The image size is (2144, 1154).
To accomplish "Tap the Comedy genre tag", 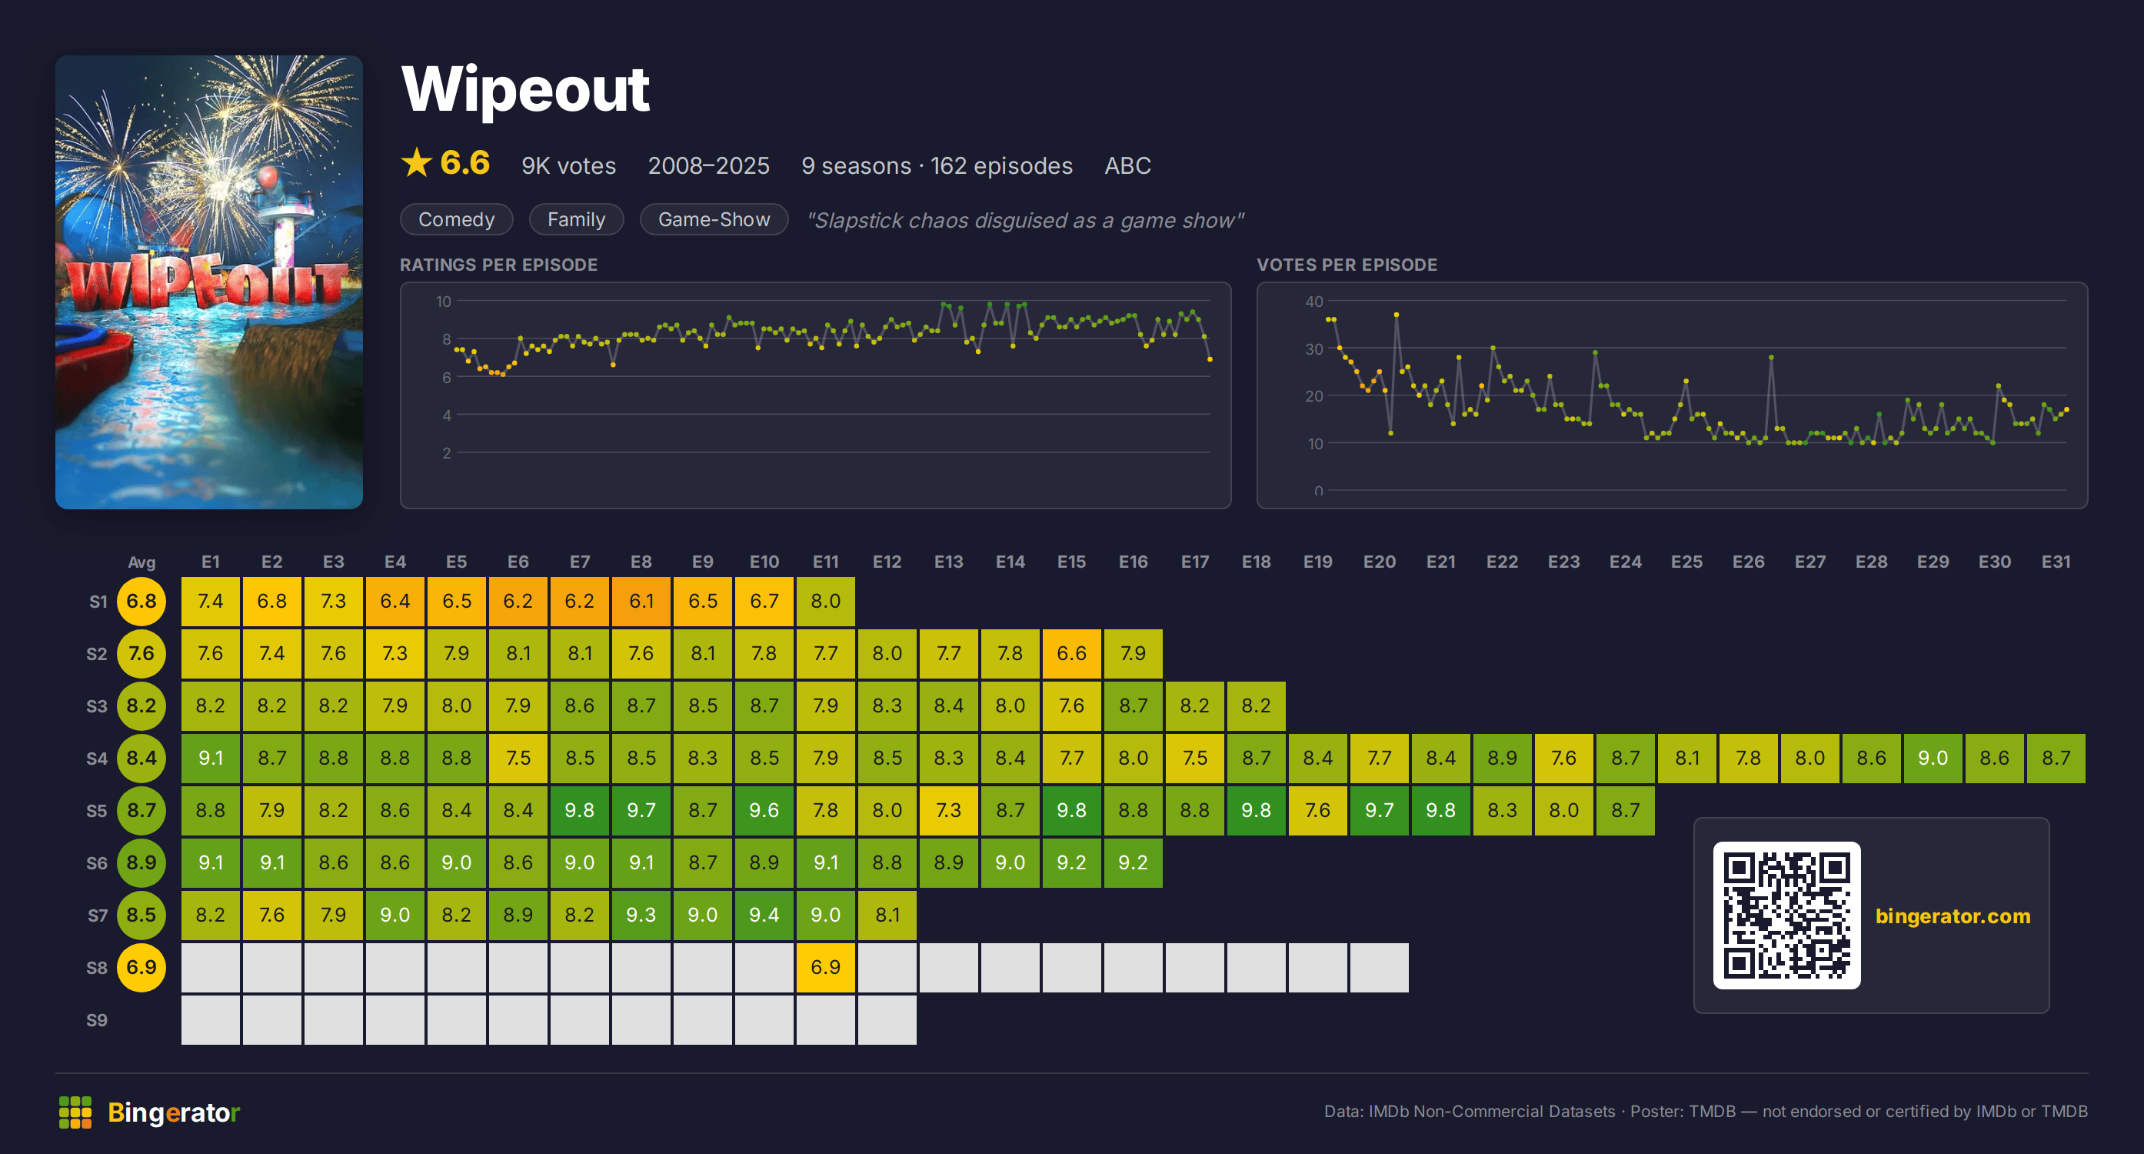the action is pyautogui.click(x=456, y=219).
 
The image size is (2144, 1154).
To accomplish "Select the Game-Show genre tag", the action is pyautogui.click(x=714, y=219).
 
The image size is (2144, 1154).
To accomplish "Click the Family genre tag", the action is pyautogui.click(x=576, y=219).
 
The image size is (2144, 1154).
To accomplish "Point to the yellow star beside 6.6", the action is pyautogui.click(x=416, y=162).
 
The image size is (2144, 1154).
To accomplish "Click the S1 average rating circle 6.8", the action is pyautogui.click(x=141, y=601).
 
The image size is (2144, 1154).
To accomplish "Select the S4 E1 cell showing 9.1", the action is pyautogui.click(x=211, y=759).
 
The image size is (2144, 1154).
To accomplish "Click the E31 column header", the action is pyautogui.click(x=2056, y=562).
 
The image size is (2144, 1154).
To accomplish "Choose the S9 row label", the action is pyautogui.click(x=98, y=1020).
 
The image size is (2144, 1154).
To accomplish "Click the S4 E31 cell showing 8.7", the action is pyautogui.click(x=2056, y=759).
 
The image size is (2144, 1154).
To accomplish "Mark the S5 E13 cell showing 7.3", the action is pyautogui.click(x=949, y=810).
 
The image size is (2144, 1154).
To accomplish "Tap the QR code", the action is pyautogui.click(x=1786, y=915).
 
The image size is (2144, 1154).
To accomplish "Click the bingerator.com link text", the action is pyautogui.click(x=1953, y=916).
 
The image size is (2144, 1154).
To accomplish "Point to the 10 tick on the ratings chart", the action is pyautogui.click(x=444, y=302).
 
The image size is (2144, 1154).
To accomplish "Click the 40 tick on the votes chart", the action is pyautogui.click(x=1313, y=302).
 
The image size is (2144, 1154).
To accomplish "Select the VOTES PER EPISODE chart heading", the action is pyautogui.click(x=1347, y=265).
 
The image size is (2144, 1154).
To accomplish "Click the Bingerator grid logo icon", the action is pyautogui.click(x=75, y=1112).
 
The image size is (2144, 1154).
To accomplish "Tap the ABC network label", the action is pyautogui.click(x=1127, y=165).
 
